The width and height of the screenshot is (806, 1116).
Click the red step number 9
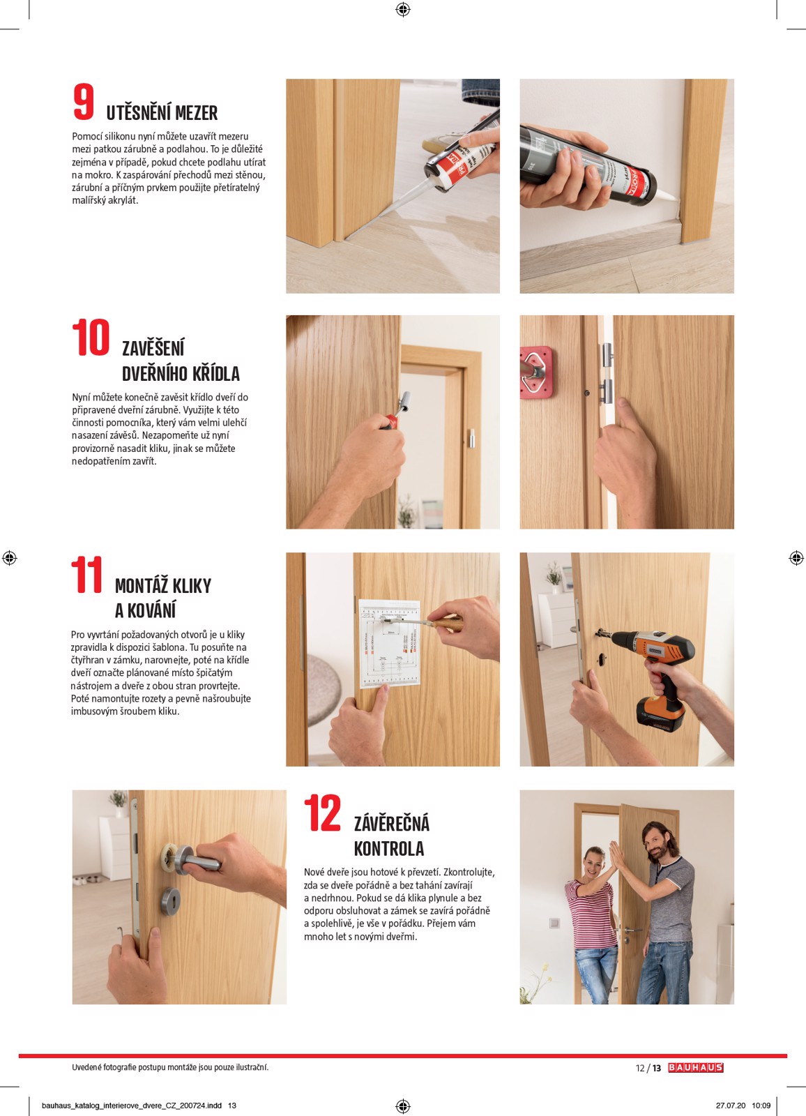pyautogui.click(x=84, y=102)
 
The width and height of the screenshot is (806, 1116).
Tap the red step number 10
pyautogui.click(x=91, y=338)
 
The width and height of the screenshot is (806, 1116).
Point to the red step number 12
pyautogui.click(x=322, y=813)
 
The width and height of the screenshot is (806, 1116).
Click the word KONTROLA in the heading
pyautogui.click(x=388, y=849)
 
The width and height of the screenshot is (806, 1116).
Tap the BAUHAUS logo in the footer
pyautogui.click(x=695, y=1068)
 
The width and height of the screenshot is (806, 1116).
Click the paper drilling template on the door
pyautogui.click(x=389, y=642)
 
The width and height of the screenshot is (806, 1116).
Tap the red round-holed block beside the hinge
pyautogui.click(x=535, y=372)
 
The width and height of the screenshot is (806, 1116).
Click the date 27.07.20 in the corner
pyautogui.click(x=730, y=1106)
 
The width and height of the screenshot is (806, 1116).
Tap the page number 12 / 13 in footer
pyautogui.click(x=648, y=1068)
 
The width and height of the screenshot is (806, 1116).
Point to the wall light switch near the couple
pyautogui.click(x=554, y=923)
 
